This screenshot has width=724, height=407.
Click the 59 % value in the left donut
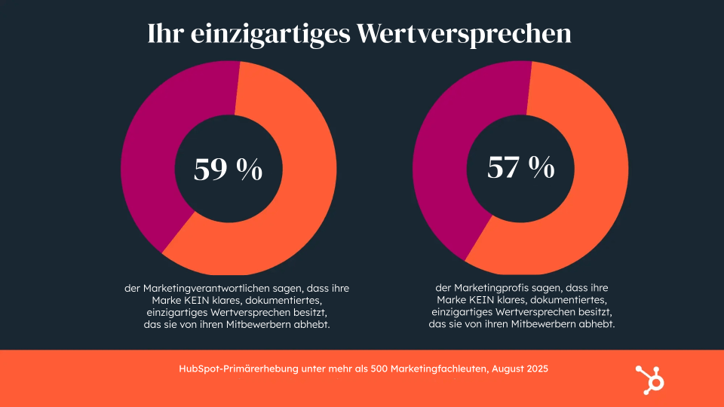[228, 170]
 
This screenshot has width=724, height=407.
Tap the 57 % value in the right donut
[520, 167]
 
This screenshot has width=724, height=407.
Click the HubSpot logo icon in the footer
[649, 378]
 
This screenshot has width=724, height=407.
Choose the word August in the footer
[507, 369]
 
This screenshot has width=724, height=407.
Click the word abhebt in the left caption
[314, 325]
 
